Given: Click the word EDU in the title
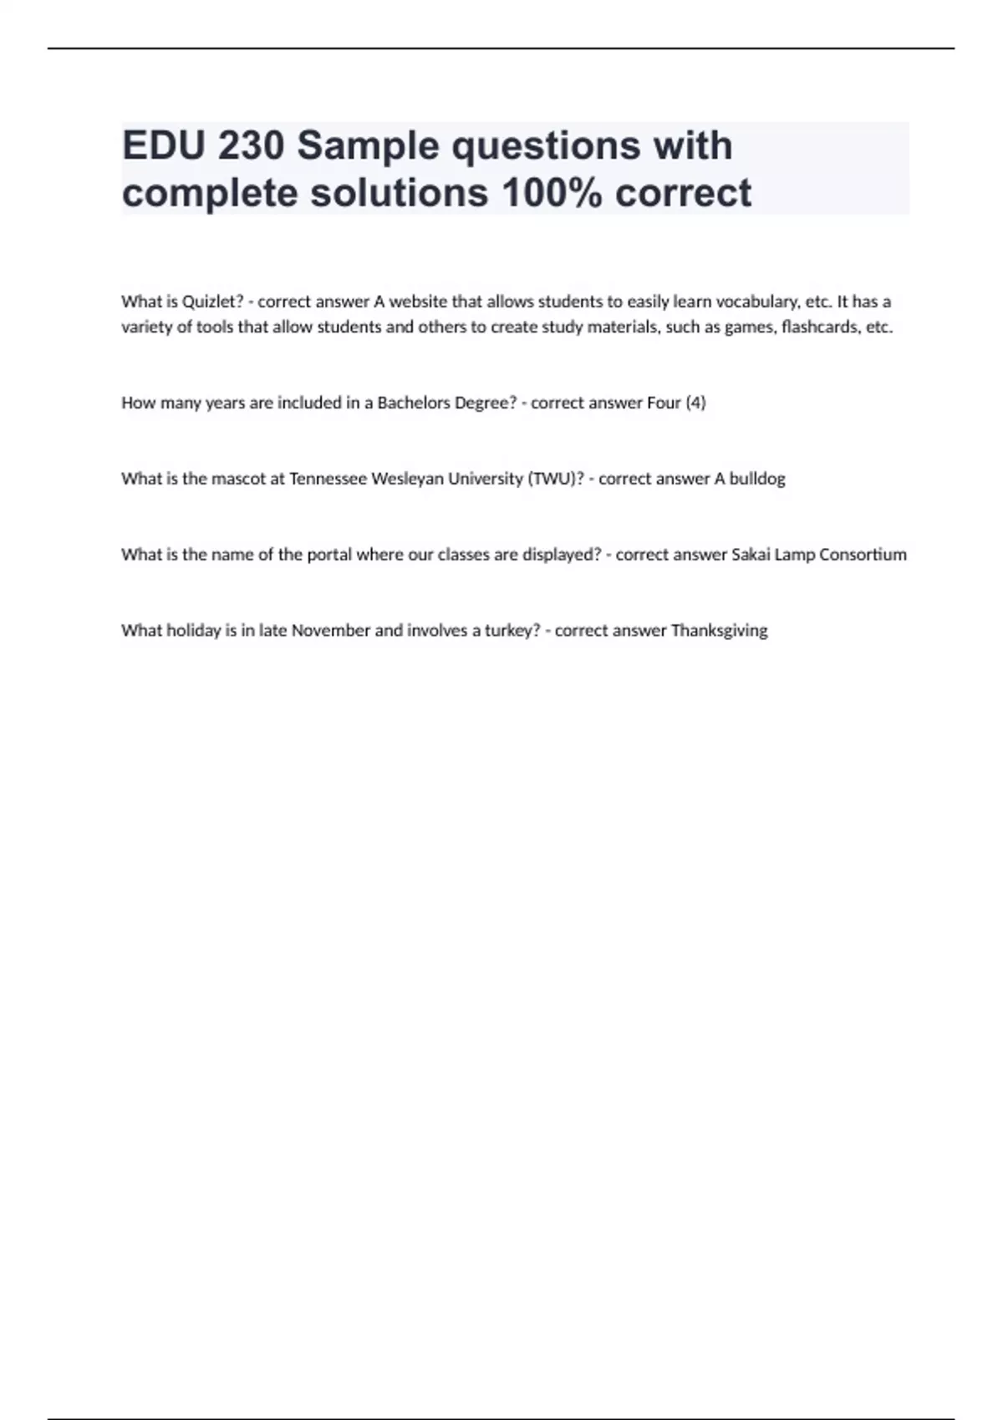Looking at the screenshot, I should (164, 146).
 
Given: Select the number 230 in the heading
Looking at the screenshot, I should (250, 146).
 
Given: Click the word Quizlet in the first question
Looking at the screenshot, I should (212, 302).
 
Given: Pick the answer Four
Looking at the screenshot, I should (664, 403).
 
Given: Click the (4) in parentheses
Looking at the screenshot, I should (695, 403).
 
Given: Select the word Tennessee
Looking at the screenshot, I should (328, 479).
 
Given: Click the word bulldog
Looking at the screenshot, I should (757, 479).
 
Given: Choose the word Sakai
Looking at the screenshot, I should (751, 555).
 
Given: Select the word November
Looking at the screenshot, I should (330, 631).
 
